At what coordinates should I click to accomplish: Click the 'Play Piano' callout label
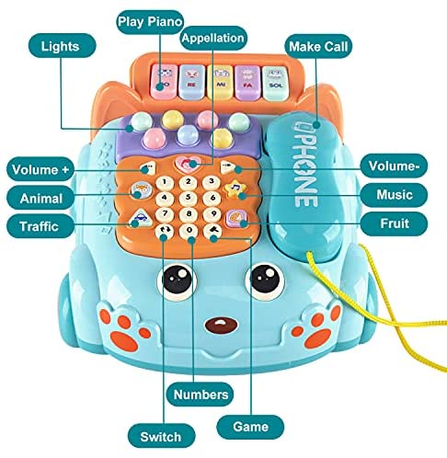(150, 22)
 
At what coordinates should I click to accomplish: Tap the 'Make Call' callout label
(318, 46)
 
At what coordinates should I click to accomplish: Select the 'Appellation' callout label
(212, 38)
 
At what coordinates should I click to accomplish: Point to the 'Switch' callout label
(161, 436)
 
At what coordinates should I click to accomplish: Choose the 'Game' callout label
(250, 427)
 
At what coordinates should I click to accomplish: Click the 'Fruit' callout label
(394, 223)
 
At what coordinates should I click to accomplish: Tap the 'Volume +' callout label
(40, 169)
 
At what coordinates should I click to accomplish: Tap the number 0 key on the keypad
(189, 230)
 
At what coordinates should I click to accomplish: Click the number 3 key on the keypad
(212, 182)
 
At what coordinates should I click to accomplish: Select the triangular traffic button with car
(141, 217)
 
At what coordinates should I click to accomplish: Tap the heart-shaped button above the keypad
(186, 163)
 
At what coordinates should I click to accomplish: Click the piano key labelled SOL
(276, 83)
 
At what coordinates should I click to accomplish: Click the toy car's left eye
(177, 280)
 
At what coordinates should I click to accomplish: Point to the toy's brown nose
(219, 325)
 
